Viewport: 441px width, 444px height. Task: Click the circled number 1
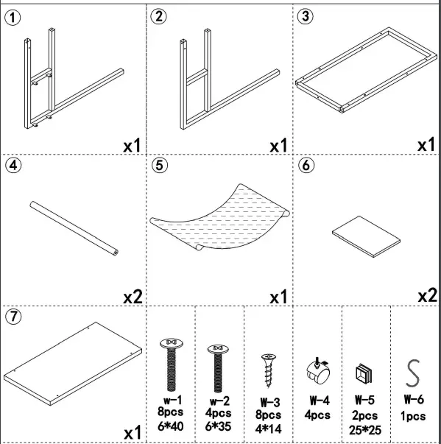13,16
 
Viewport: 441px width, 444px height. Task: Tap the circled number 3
306,16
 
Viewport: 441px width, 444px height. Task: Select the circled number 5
160,165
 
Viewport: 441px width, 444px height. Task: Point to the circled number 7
13,317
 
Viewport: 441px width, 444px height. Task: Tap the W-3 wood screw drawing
267,367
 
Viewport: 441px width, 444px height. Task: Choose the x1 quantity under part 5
278,296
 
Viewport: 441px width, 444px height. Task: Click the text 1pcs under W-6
414,415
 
